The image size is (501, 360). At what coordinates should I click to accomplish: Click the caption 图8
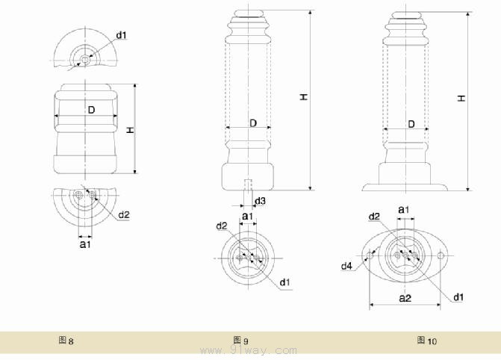tap(66, 341)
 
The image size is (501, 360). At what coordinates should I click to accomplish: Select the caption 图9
tap(239, 341)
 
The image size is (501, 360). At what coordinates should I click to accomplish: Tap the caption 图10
tap(427, 341)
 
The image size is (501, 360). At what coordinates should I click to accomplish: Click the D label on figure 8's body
tap(91, 110)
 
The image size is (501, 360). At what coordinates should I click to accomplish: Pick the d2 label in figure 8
tap(124, 215)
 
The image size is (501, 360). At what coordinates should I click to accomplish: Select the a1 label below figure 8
tap(85, 243)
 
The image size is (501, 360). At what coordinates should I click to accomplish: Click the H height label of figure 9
tap(304, 98)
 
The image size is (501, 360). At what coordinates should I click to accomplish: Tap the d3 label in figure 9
tap(260, 201)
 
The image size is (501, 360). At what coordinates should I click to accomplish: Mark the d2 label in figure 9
tap(222, 226)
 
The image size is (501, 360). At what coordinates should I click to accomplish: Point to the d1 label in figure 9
tap(285, 282)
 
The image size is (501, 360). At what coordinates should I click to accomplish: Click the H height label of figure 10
tap(462, 98)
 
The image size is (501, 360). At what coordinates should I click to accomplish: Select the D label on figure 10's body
tap(411, 123)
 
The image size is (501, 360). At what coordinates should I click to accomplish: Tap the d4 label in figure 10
tap(346, 266)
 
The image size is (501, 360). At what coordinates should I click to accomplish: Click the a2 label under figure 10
tap(405, 298)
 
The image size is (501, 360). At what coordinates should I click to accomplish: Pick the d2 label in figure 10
tap(375, 216)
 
